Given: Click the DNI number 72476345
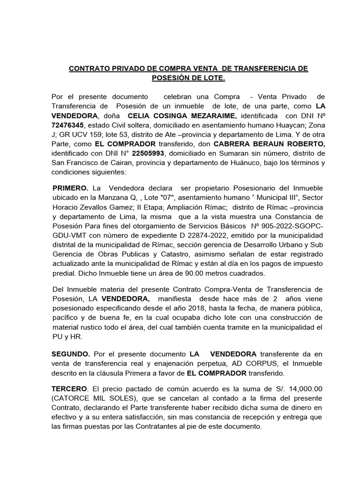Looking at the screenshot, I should [67, 126].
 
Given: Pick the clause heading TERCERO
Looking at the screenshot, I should [70, 389].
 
